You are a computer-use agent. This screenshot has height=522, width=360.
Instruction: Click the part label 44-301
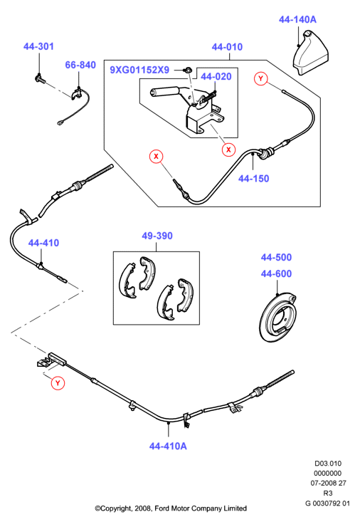(38, 46)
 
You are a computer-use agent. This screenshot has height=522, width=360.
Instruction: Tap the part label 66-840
(80, 65)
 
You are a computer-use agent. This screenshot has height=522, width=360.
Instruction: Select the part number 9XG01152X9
(139, 70)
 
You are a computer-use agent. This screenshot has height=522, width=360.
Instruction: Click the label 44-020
(216, 77)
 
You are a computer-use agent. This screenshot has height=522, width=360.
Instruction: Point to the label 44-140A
(298, 20)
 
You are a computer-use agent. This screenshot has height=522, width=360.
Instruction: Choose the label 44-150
(253, 179)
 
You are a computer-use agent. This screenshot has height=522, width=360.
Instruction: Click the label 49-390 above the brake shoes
(157, 236)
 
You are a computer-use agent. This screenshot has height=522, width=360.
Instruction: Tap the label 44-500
(276, 257)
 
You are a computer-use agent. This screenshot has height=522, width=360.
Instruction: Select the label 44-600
(276, 273)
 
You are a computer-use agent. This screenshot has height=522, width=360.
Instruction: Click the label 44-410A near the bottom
(168, 446)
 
